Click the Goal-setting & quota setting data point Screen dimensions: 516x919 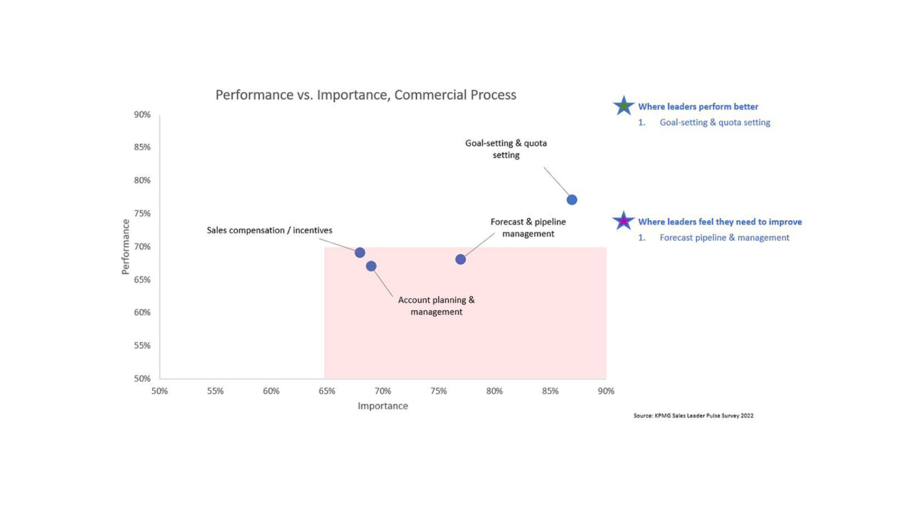tap(571, 200)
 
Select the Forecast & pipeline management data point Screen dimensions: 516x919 tap(461, 259)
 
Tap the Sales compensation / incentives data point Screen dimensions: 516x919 tap(359, 252)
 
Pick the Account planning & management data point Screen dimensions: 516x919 tap(371, 266)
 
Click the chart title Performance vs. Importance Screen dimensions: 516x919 tap(366, 95)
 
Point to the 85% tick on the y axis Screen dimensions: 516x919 tap(142, 147)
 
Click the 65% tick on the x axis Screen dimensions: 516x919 tap(327, 391)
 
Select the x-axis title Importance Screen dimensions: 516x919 tap(383, 406)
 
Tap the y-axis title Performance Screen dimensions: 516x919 tap(126, 246)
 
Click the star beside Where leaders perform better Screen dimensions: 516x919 tap(624, 106)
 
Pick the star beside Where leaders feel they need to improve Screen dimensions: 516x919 tap(624, 221)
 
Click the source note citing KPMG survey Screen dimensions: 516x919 tap(693, 416)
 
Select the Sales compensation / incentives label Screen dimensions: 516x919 tap(269, 230)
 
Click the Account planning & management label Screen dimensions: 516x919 tap(436, 305)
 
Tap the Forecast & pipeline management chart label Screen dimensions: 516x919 tap(528, 228)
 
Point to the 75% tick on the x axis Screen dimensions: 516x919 tap(439, 391)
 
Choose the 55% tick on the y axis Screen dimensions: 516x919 tap(142, 345)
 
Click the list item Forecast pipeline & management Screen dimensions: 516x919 tap(724, 237)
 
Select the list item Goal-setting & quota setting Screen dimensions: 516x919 tap(715, 122)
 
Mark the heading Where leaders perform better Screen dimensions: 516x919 tap(698, 107)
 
